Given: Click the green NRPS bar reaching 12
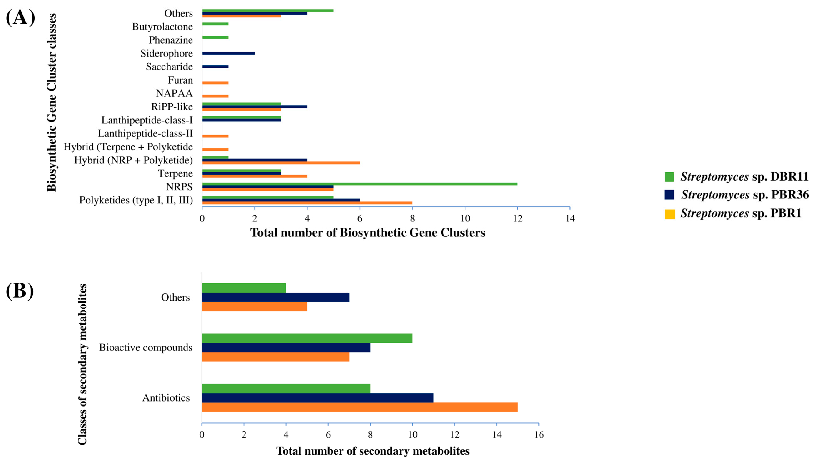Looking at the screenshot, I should [x=360, y=184].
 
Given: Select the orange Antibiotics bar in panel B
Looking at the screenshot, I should [x=360, y=407].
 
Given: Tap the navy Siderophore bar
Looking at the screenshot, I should [x=228, y=53].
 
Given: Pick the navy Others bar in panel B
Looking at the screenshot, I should [x=275, y=297].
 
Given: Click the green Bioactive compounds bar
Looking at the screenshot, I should [x=307, y=338].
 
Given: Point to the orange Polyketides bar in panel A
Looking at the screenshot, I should [x=307, y=203].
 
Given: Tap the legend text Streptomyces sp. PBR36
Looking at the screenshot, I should [x=744, y=195].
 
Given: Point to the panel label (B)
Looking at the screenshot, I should [x=20, y=291].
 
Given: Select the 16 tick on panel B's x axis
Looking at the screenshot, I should [x=539, y=435].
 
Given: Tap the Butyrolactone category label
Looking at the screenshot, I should [x=162, y=27].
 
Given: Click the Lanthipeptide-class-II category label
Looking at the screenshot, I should [x=145, y=133].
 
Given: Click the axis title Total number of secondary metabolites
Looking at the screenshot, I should [x=373, y=451].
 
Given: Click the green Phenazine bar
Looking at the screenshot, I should [x=215, y=37].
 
